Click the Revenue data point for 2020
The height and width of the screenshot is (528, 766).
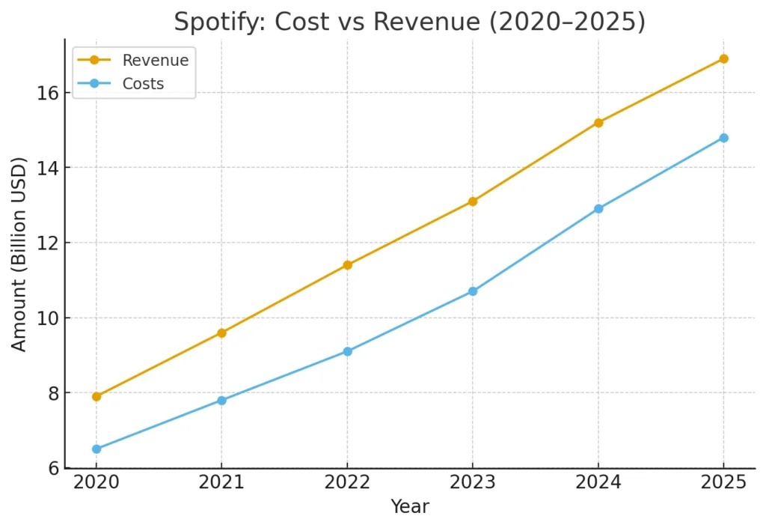pyautogui.click(x=96, y=396)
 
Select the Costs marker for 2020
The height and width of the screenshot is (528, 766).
pyautogui.click(x=96, y=449)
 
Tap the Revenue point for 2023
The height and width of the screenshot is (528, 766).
pyautogui.click(x=473, y=201)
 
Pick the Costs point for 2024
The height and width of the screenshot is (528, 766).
pyautogui.click(x=598, y=208)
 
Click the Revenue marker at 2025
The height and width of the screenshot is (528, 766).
pyautogui.click(x=723, y=58)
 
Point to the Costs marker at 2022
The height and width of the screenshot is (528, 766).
pyautogui.click(x=347, y=351)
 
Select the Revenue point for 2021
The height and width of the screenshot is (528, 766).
pyautogui.click(x=221, y=333)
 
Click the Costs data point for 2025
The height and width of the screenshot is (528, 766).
pyautogui.click(x=723, y=138)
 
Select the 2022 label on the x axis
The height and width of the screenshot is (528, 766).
pyautogui.click(x=347, y=482)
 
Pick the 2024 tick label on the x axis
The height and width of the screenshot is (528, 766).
pyautogui.click(x=598, y=482)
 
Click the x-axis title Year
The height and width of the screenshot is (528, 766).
pyautogui.click(x=410, y=507)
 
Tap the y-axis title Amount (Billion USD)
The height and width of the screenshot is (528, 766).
pyautogui.click(x=19, y=254)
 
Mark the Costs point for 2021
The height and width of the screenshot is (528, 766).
pyautogui.click(x=221, y=400)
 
